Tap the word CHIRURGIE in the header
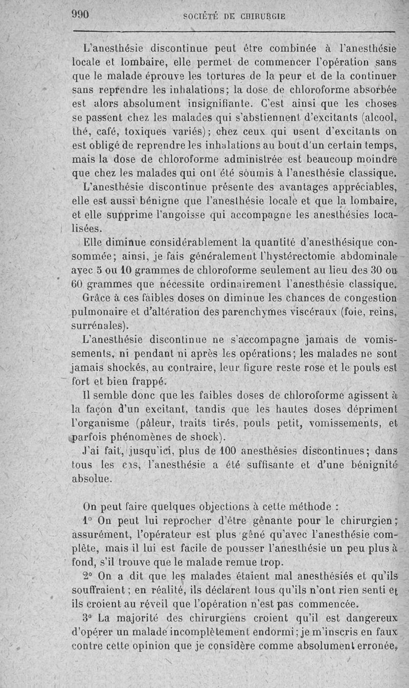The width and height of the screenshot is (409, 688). pos(260,16)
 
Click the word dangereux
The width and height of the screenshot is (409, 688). pos(371,617)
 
